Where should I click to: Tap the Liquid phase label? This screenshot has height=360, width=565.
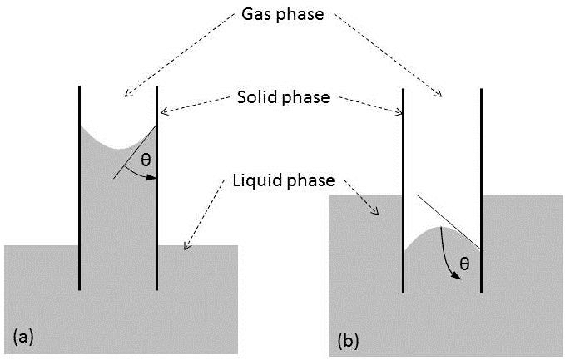280,180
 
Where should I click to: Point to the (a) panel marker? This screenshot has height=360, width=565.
23,336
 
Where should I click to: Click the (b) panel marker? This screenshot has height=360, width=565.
349,340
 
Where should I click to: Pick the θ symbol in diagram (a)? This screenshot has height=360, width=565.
146,160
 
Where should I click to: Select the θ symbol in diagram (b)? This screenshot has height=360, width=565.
464,264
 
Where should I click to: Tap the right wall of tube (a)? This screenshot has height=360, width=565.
157,208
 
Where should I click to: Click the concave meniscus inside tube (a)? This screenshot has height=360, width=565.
116,146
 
